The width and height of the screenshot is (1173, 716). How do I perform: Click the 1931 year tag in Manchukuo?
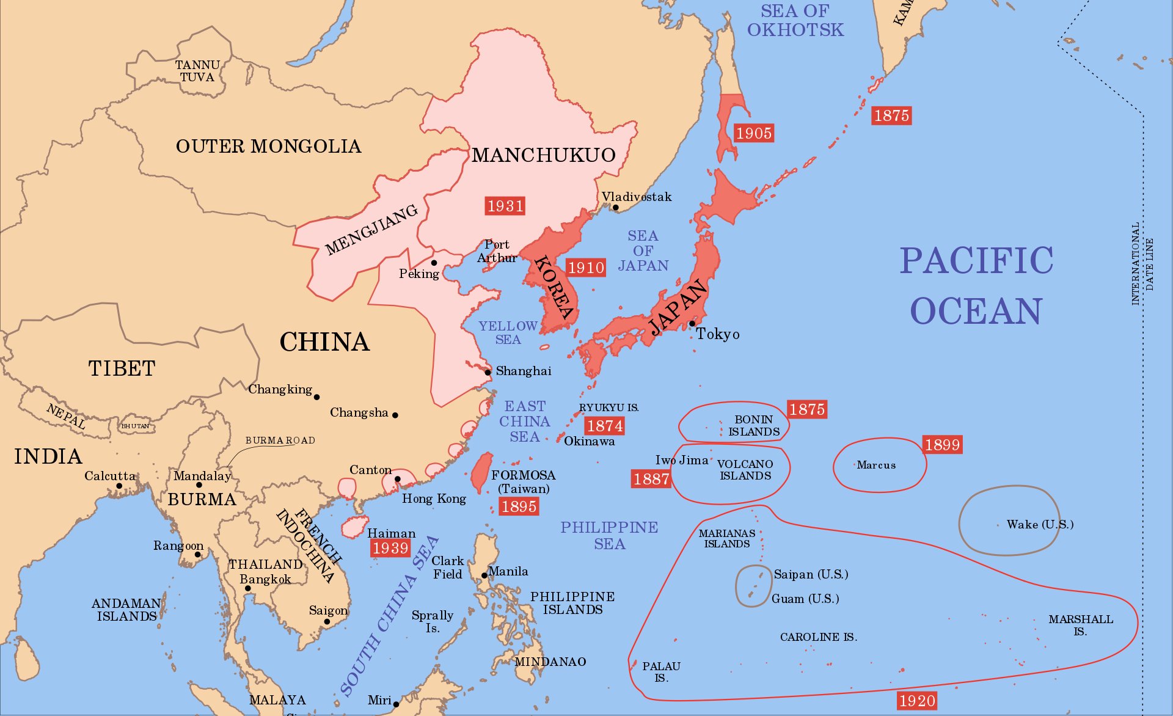[505, 206]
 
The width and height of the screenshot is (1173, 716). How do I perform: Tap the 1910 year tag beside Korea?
[586, 268]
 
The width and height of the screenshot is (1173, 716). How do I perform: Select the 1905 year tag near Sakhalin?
[753, 133]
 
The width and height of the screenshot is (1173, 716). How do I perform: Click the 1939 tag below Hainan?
[390, 548]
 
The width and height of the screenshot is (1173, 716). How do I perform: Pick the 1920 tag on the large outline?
[916, 701]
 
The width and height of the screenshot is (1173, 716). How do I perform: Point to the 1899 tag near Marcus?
[942, 445]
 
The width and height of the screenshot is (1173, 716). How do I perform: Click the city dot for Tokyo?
[692, 324]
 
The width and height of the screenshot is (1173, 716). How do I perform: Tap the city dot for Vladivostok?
[616, 208]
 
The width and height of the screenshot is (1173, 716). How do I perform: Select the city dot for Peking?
[434, 263]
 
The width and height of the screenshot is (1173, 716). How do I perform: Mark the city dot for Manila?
[484, 575]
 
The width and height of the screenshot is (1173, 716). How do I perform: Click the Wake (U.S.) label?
[1040, 524]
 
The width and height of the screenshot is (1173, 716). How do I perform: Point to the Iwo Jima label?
[681, 460]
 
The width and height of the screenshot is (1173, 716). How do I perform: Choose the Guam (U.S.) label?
[805, 599]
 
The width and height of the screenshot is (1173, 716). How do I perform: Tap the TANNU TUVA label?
[197, 71]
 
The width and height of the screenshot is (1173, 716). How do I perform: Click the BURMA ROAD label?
[280, 440]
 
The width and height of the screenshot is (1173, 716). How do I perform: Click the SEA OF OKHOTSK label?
[795, 20]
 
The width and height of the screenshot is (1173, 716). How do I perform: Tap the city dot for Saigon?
[327, 622]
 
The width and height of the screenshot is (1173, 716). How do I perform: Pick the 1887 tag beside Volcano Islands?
[651, 479]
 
